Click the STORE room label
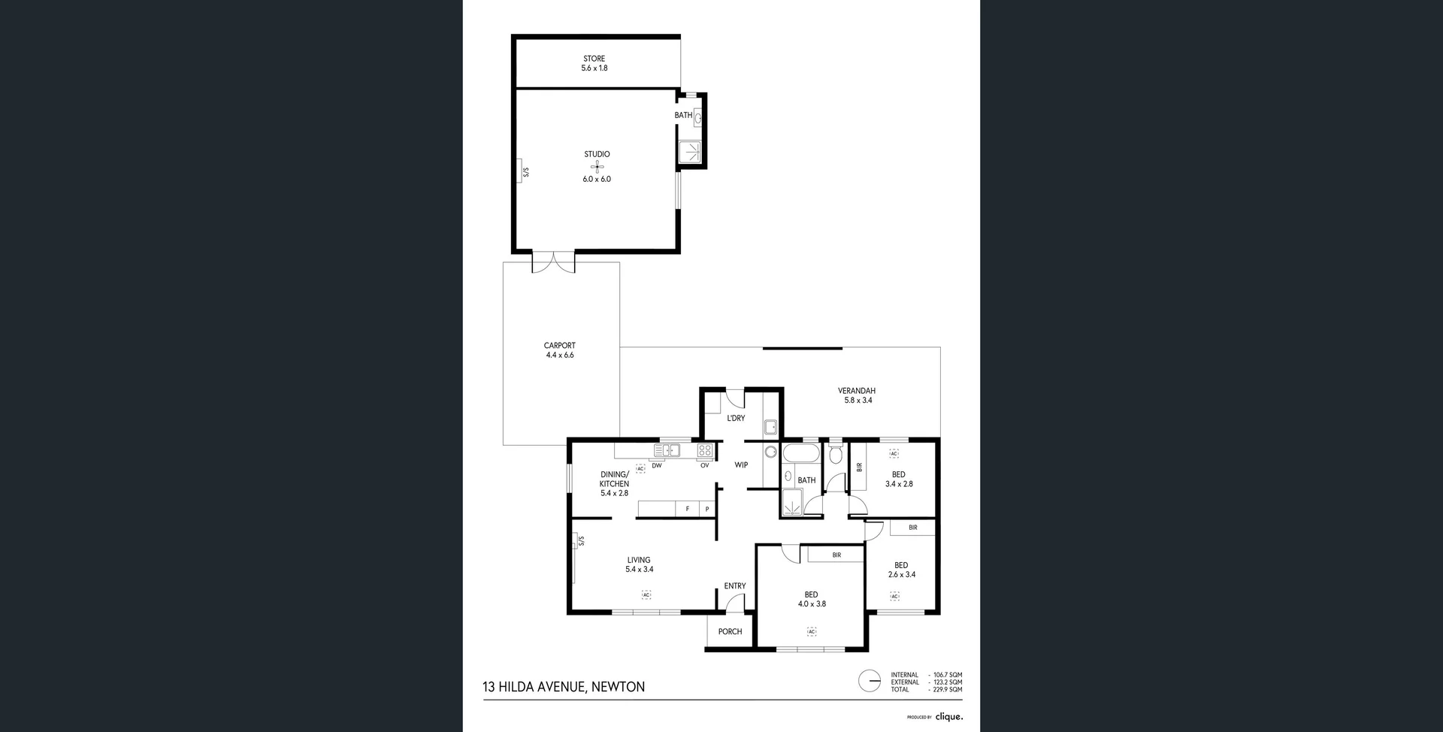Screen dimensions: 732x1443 coord(594,59)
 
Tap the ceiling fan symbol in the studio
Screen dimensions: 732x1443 coord(597,166)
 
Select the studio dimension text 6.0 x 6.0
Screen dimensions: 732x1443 coord(597,180)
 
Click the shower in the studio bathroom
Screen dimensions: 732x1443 coord(690,153)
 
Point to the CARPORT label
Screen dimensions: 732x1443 coord(559,346)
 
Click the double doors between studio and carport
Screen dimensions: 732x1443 coord(553,262)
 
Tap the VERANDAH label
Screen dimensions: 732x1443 coord(856,391)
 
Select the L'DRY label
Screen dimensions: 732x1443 coord(736,418)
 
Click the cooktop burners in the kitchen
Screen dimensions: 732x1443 coord(705,451)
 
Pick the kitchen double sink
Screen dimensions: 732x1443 coord(667,451)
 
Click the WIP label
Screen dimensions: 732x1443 coord(741,465)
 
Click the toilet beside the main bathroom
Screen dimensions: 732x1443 coord(835,455)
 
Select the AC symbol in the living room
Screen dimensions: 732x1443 coord(646,594)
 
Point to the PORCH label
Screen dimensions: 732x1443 coord(730,632)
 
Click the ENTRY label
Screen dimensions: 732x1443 coord(735,586)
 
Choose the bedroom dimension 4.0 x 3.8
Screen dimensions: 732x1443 coord(811,604)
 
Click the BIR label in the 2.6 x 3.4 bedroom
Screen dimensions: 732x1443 coord(912,528)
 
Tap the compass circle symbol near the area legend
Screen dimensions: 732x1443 coord(870,682)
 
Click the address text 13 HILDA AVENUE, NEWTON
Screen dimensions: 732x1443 coord(564,687)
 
